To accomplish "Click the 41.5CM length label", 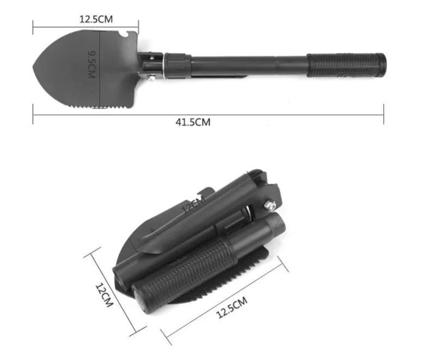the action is [x=193, y=122].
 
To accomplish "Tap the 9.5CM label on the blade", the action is [x=91, y=64].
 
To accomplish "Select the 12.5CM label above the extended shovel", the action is [x=96, y=20].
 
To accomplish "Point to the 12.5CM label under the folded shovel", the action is [x=231, y=307].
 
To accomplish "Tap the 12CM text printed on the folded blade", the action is [x=194, y=204].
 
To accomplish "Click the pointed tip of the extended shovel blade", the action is [x=34, y=68].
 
